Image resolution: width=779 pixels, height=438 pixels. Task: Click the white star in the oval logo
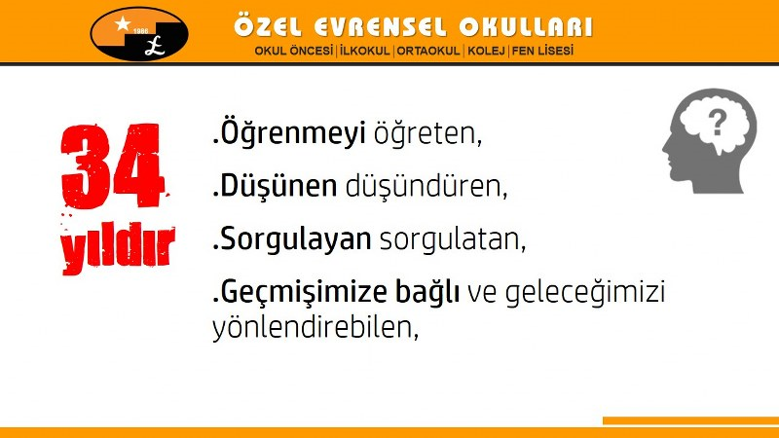[122, 22]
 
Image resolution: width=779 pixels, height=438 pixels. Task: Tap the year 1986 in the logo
[140, 31]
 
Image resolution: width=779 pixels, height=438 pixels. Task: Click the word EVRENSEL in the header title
[380, 27]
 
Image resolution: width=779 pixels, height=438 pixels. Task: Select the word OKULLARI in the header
[526, 27]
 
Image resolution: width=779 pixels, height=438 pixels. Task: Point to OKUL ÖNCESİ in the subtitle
[294, 51]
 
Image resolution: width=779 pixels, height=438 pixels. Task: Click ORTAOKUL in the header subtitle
[428, 51]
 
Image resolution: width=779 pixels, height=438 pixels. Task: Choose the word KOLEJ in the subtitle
[486, 51]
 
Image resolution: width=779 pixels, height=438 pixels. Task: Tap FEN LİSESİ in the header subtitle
[542, 51]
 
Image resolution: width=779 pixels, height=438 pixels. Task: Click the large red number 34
[112, 165]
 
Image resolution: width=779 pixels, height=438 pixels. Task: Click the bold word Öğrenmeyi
[293, 133]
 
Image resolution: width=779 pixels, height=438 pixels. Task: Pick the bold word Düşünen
[278, 186]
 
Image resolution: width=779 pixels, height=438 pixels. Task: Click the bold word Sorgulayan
[296, 239]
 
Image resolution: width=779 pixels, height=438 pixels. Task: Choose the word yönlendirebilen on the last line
[313, 328]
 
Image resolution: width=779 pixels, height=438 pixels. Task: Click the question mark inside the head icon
[717, 124]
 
